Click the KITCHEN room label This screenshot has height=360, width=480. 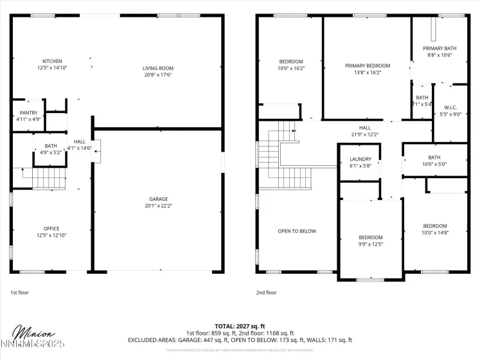[x=52, y=61]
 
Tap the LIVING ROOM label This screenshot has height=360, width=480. [x=157, y=67]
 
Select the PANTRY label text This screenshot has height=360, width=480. [x=28, y=113]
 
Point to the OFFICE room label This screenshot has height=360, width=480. [x=51, y=228]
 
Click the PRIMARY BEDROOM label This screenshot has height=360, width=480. [x=368, y=66]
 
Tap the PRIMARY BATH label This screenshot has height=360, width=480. [x=440, y=48]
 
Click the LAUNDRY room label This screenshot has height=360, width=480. [x=360, y=159]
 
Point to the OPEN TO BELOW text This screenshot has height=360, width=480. [x=297, y=231]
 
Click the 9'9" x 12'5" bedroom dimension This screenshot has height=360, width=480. [x=370, y=244]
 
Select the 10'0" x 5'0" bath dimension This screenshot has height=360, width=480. [x=434, y=164]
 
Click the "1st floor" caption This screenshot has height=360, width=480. [x=19, y=292]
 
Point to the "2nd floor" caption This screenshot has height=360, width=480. [x=266, y=292]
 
